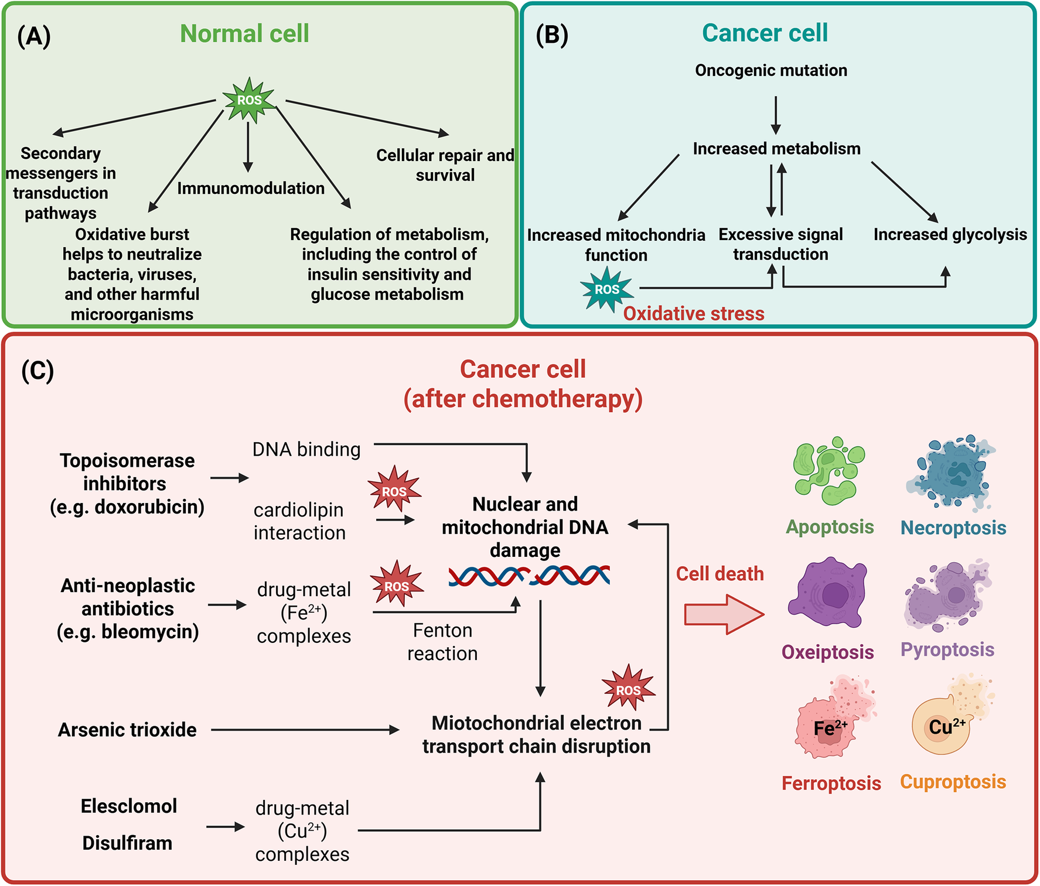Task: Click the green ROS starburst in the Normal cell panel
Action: (x=249, y=100)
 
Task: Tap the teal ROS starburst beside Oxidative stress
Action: (x=607, y=289)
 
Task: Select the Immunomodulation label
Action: (x=251, y=188)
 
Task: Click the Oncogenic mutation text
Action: (x=771, y=70)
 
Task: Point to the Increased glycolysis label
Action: (x=950, y=234)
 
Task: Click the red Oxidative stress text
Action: (x=694, y=313)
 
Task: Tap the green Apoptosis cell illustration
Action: (x=829, y=471)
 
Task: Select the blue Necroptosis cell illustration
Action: (x=951, y=473)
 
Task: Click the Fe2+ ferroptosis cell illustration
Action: (x=834, y=718)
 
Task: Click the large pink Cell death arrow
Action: (x=724, y=614)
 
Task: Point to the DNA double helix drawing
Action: (x=529, y=576)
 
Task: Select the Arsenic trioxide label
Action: (x=127, y=730)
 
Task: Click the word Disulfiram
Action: (x=127, y=843)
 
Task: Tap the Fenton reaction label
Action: (x=442, y=642)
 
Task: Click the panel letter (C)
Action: (x=37, y=371)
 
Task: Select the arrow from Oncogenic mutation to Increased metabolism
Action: (x=776, y=115)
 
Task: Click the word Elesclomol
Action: (x=129, y=806)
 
